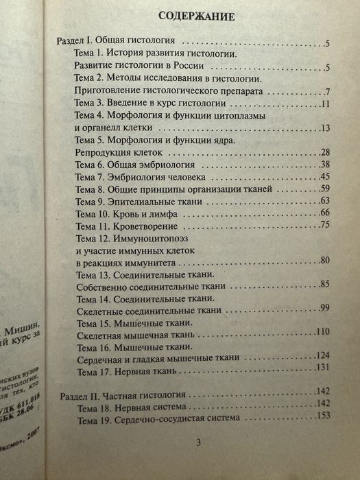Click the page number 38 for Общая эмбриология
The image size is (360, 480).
pos(325,165)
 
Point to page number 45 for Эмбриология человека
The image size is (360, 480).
pos(325,177)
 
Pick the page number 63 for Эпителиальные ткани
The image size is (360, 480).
pos(325,202)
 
